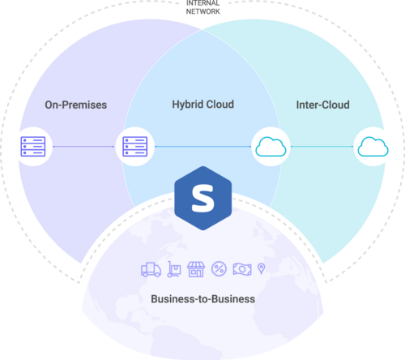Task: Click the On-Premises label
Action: click(76, 105)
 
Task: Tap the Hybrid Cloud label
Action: click(203, 105)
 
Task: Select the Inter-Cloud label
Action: click(323, 105)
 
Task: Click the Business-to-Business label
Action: click(203, 299)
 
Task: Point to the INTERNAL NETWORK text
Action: click(203, 7)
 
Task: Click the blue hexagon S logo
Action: click(203, 199)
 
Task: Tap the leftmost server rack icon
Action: click(33, 147)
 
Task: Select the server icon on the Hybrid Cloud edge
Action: click(135, 147)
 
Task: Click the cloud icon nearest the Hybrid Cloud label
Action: click(271, 147)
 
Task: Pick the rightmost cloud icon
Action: click(373, 147)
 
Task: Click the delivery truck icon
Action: click(151, 269)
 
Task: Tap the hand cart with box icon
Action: click(174, 269)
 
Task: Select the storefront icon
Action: click(196, 269)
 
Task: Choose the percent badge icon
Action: click(219, 269)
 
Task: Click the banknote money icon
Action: click(242, 269)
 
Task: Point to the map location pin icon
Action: click(262, 268)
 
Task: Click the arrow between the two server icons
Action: click(83, 147)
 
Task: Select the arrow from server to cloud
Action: click(203, 147)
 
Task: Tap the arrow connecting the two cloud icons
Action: click(322, 147)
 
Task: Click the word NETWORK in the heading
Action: click(203, 11)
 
